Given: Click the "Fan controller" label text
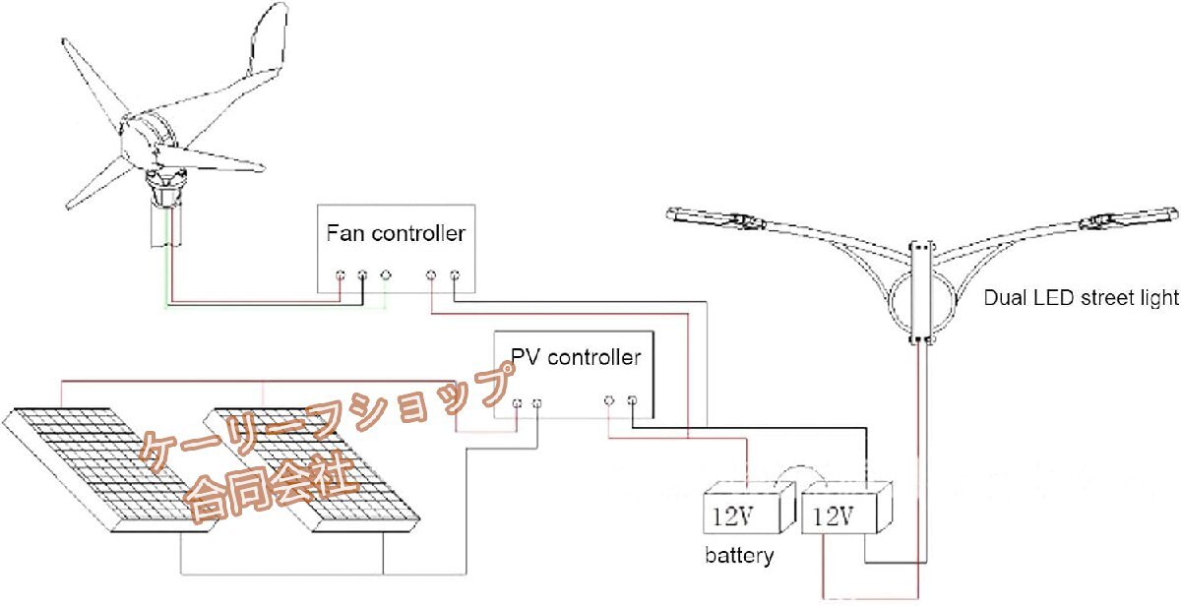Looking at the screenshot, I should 396,235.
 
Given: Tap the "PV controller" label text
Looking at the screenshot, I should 575,357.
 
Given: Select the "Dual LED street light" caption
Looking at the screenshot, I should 1082,298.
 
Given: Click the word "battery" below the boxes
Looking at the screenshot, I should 739,556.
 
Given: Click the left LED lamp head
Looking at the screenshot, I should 716,218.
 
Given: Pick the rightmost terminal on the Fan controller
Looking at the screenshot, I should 455,274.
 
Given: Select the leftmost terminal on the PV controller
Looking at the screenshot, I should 516,402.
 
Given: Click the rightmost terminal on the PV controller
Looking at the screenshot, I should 632,399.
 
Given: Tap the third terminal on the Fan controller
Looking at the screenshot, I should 386,274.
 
